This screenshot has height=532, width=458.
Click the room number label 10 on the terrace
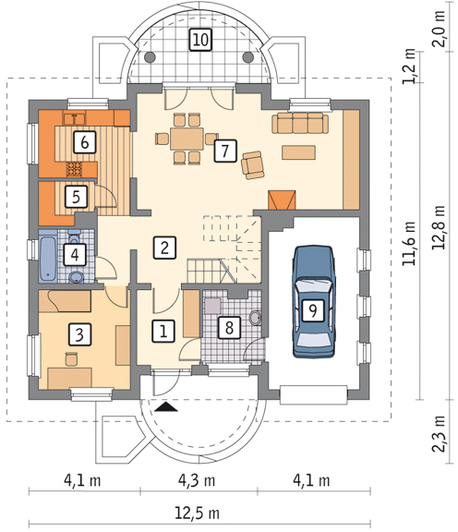click(x=201, y=40)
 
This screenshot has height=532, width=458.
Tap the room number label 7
click(x=225, y=151)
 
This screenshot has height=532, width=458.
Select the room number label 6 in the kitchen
click(x=85, y=142)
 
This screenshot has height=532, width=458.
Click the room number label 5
click(x=76, y=197)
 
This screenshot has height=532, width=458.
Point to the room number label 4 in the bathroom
click(x=75, y=255)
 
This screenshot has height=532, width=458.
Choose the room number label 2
click(x=164, y=248)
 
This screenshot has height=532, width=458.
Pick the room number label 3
click(x=79, y=334)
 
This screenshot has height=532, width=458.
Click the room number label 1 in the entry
click(x=163, y=331)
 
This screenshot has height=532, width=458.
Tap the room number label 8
click(x=229, y=328)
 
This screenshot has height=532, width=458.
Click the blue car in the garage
click(x=313, y=302)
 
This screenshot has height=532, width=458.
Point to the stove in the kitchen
click(x=74, y=169)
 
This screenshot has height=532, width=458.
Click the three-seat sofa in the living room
click(x=300, y=123)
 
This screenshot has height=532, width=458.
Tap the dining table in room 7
click(x=187, y=139)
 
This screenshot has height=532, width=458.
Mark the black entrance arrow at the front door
click(x=166, y=406)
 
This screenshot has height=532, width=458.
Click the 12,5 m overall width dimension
click(x=197, y=513)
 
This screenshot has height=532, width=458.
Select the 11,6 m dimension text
click(x=409, y=243)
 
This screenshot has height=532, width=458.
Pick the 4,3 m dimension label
click(x=197, y=480)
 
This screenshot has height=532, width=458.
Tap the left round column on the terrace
click(x=150, y=57)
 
